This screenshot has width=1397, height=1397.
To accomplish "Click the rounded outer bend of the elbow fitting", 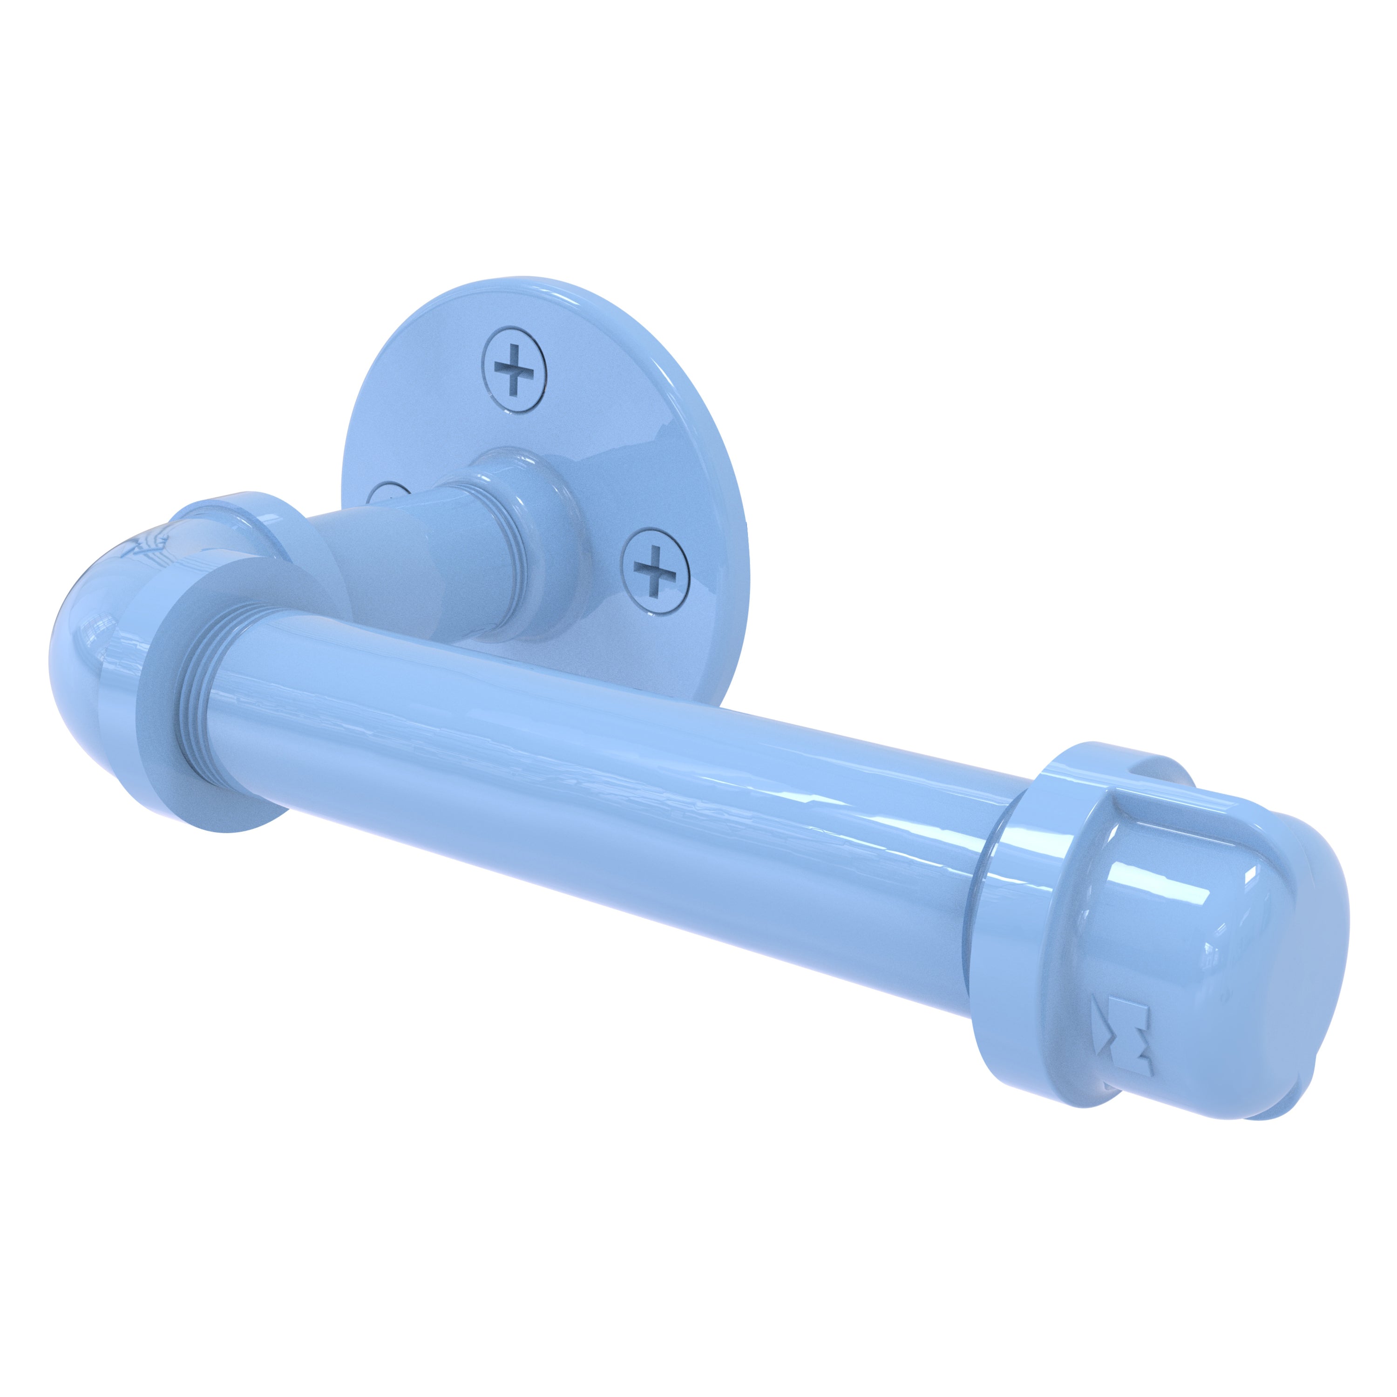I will [80, 636].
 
